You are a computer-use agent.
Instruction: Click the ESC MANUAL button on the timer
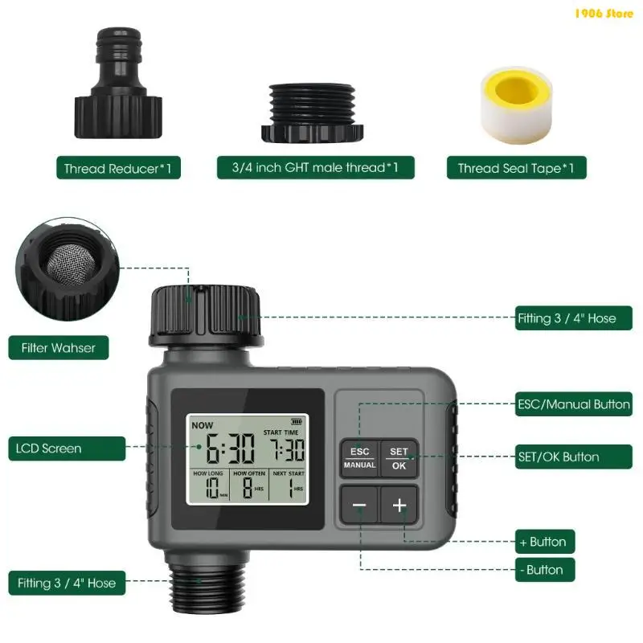tap(359, 458)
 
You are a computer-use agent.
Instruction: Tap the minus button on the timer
tap(359, 505)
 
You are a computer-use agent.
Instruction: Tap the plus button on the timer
tap(399, 505)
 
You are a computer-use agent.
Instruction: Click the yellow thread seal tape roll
tap(516, 105)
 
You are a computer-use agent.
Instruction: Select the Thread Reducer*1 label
tap(118, 168)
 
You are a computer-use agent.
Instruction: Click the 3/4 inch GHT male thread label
tap(315, 167)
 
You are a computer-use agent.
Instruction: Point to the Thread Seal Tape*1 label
tap(516, 168)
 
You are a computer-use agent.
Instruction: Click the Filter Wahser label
tap(59, 348)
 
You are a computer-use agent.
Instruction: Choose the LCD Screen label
tap(67, 448)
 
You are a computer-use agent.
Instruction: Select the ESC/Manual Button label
tap(574, 404)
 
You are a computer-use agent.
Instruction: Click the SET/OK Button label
tap(574, 457)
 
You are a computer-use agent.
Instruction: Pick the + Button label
tap(545, 542)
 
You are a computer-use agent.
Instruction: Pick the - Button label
tap(545, 570)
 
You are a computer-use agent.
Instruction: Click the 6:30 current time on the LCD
tap(230, 448)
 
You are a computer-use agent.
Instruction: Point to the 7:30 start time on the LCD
tap(287, 449)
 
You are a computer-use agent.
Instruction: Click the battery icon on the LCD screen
tap(297, 421)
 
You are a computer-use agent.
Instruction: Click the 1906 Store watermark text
tap(604, 14)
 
